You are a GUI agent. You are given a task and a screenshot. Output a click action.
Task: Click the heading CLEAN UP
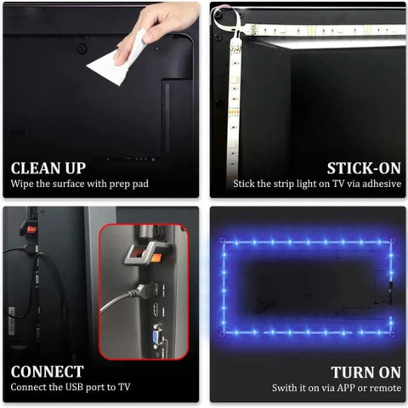click(48, 168)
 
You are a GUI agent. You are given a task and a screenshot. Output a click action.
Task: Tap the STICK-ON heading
click(364, 168)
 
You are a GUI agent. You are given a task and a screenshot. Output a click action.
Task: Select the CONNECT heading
click(48, 371)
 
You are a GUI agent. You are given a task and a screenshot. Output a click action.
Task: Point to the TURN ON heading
click(366, 372)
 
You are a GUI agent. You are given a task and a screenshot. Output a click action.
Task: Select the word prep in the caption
click(119, 184)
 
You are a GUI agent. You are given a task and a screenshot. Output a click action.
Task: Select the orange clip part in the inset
click(156, 258)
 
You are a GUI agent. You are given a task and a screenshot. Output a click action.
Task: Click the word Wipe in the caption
click(22, 184)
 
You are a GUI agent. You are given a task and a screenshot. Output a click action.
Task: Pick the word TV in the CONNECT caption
click(124, 387)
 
